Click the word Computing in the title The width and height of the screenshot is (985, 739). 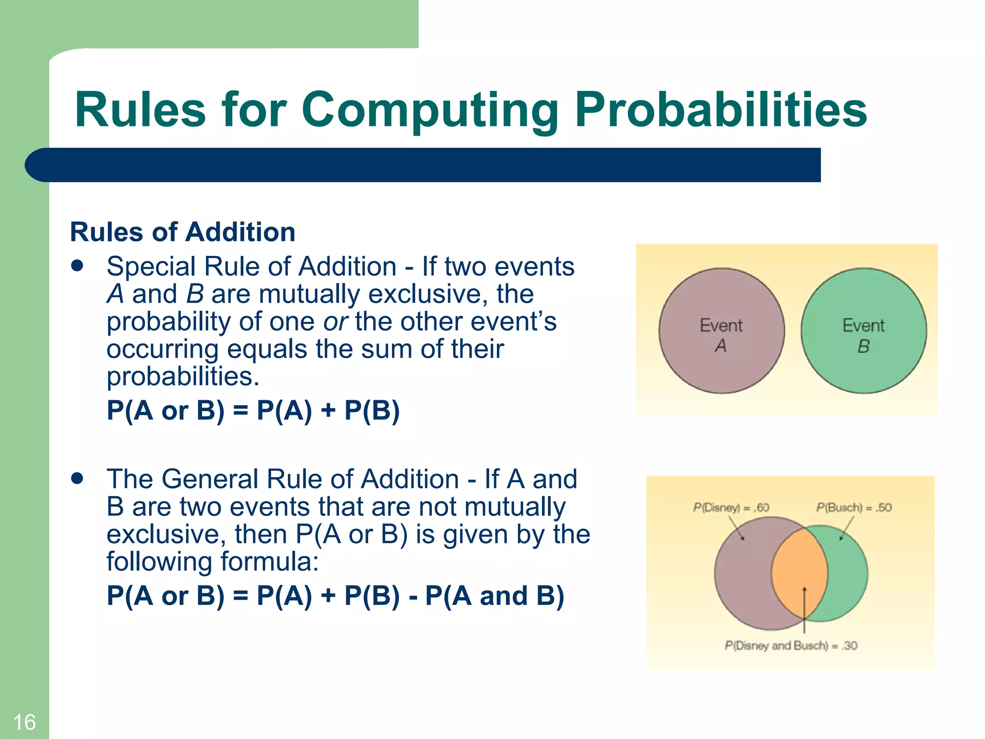tap(429, 111)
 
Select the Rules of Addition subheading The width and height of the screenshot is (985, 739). tap(183, 232)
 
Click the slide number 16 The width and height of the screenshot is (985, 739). tap(24, 722)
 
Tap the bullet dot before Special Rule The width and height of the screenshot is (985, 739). tap(77, 266)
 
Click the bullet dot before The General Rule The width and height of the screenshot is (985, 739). tap(77, 478)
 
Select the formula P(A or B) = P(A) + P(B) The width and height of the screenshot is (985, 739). tap(253, 410)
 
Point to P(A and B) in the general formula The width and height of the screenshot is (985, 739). tap(494, 596)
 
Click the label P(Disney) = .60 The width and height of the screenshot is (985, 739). tap(731, 508)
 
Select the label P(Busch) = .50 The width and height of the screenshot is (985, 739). tap(854, 508)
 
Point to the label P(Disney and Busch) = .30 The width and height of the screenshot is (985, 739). tap(791, 646)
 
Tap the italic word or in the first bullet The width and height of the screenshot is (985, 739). tap(335, 321)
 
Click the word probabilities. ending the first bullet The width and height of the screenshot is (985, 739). tap(183, 376)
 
